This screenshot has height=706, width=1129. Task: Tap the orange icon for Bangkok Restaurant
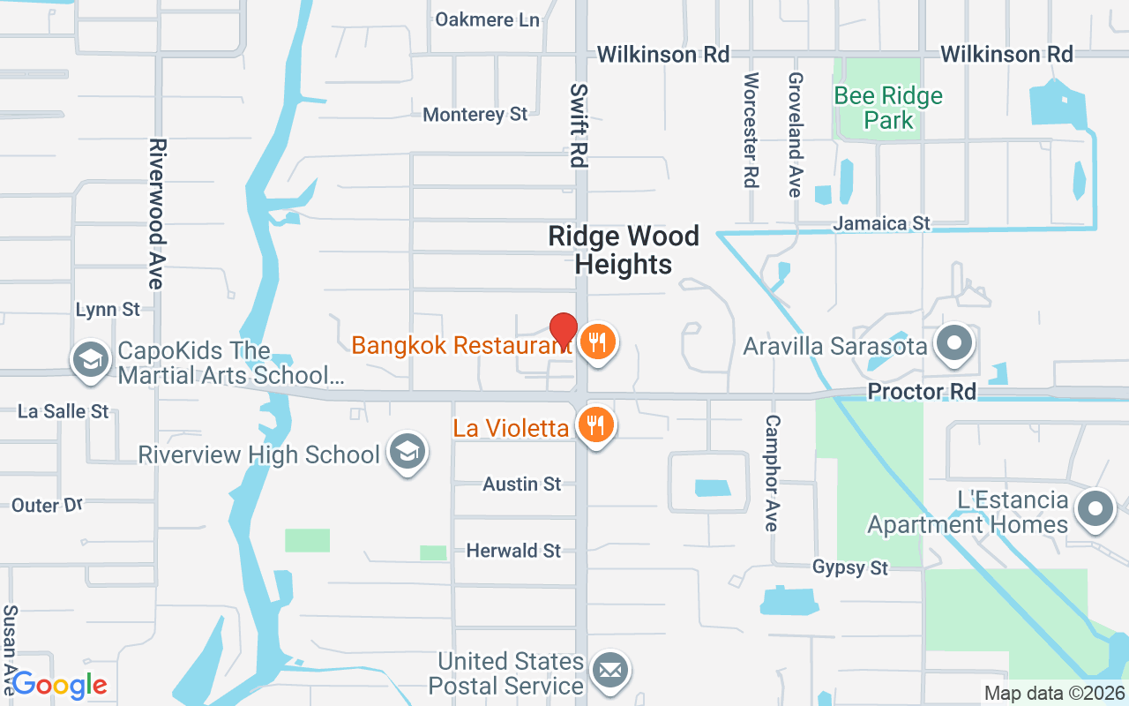point(598,341)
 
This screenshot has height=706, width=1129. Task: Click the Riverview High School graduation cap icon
point(407,452)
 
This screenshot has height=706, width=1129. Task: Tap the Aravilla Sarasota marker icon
point(953,342)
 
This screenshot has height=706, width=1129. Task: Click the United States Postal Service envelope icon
point(609,670)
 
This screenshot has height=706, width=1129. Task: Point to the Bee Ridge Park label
point(888,108)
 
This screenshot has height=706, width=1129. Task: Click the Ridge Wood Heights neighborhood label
point(624,250)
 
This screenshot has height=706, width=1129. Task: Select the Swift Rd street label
point(579,125)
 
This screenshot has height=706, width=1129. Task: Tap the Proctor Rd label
point(922,391)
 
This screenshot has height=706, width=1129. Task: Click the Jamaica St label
point(882,223)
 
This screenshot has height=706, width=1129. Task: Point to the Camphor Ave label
point(773,473)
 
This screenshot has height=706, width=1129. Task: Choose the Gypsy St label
point(850,567)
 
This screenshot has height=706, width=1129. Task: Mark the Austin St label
point(522,484)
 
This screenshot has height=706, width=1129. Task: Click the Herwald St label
point(513,551)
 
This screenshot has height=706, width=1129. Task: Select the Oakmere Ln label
point(487,19)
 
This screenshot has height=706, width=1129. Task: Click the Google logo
point(59,684)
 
